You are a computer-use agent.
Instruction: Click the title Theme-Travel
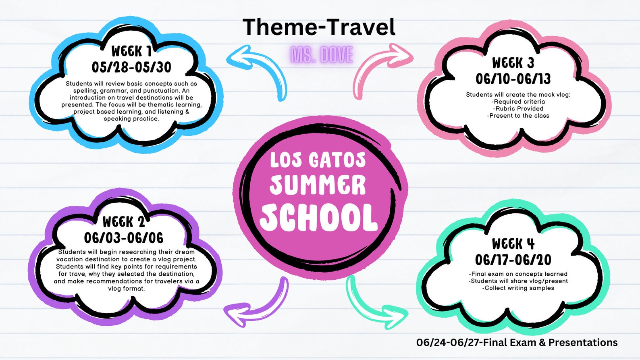319,27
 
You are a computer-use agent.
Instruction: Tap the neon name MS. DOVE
322,55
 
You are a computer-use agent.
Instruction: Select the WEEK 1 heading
131,51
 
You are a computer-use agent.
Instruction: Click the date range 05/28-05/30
131,67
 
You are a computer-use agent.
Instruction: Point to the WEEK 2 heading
124,222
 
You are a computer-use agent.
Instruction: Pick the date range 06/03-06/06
124,238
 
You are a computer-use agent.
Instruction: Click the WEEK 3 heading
513,63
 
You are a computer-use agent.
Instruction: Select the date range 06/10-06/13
513,79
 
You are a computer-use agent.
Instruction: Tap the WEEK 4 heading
513,244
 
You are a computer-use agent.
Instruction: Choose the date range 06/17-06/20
513,260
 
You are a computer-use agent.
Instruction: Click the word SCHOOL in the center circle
318,218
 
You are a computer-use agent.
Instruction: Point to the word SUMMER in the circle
318,185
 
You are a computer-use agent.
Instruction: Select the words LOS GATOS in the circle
318,160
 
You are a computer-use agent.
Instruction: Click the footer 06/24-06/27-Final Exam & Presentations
517,343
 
